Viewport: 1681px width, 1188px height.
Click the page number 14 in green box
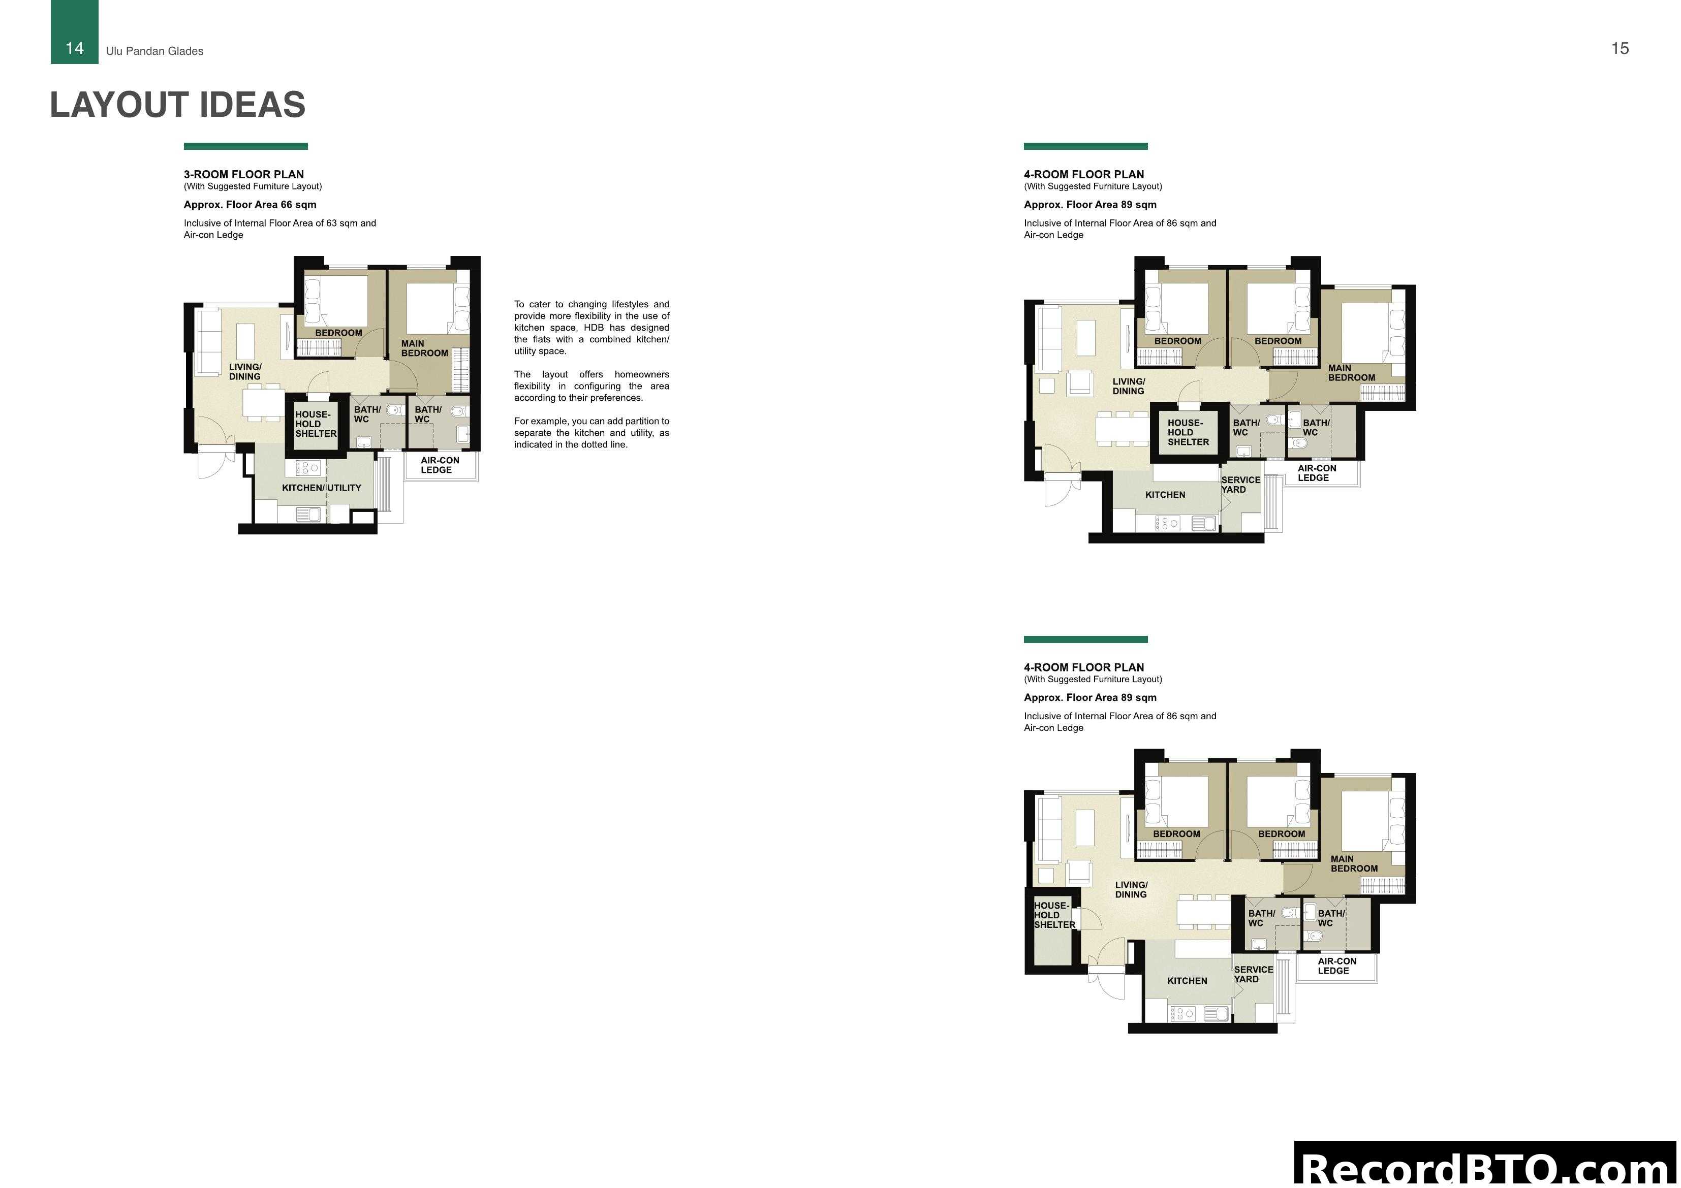[75, 48]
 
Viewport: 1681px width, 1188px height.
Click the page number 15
[1620, 48]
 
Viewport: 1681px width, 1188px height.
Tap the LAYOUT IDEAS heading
[177, 105]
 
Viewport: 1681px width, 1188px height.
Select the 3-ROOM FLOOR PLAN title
[244, 174]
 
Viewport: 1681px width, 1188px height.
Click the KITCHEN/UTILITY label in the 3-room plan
[321, 488]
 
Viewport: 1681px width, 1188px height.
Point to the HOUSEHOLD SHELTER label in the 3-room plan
[316, 424]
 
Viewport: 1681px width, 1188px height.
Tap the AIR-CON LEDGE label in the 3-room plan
[439, 465]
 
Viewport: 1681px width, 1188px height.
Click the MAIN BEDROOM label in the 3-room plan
[424, 348]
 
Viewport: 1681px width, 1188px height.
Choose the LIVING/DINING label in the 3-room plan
[244, 372]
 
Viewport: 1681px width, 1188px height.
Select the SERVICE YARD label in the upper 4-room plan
[1240, 485]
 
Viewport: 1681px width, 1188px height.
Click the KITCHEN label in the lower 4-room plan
[1187, 981]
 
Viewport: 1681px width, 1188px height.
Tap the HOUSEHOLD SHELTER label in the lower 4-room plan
[1053, 915]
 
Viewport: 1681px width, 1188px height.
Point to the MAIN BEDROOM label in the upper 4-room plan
[1351, 373]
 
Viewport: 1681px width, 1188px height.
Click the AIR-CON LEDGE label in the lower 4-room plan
[1336, 966]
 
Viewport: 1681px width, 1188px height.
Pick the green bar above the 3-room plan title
[245, 146]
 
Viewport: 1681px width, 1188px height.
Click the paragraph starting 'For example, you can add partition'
[591, 433]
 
